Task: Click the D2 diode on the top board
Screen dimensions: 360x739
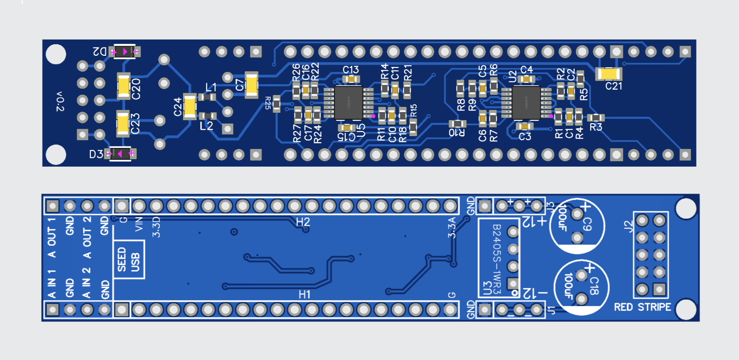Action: coord(125,52)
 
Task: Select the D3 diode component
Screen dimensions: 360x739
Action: coord(120,154)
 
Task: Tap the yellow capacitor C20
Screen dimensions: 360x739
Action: coord(123,86)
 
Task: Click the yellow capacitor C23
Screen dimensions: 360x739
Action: coord(123,124)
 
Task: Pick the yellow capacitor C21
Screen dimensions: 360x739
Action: coord(608,74)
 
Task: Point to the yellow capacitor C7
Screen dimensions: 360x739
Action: coord(251,85)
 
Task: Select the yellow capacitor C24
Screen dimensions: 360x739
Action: coord(190,107)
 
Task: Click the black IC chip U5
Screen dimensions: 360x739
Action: coord(348,103)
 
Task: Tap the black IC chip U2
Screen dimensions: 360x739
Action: coord(526,103)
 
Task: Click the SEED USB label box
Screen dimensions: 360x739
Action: coord(129,260)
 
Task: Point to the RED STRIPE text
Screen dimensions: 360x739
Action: coord(642,307)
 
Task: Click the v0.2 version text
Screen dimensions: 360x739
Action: coord(60,102)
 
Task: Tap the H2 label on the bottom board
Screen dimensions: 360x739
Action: coord(303,222)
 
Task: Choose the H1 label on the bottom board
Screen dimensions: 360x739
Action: coord(305,295)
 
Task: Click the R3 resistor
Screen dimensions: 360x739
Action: coord(596,118)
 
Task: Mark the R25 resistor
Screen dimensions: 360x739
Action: coord(276,104)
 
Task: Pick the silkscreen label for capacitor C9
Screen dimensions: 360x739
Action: coord(587,224)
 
